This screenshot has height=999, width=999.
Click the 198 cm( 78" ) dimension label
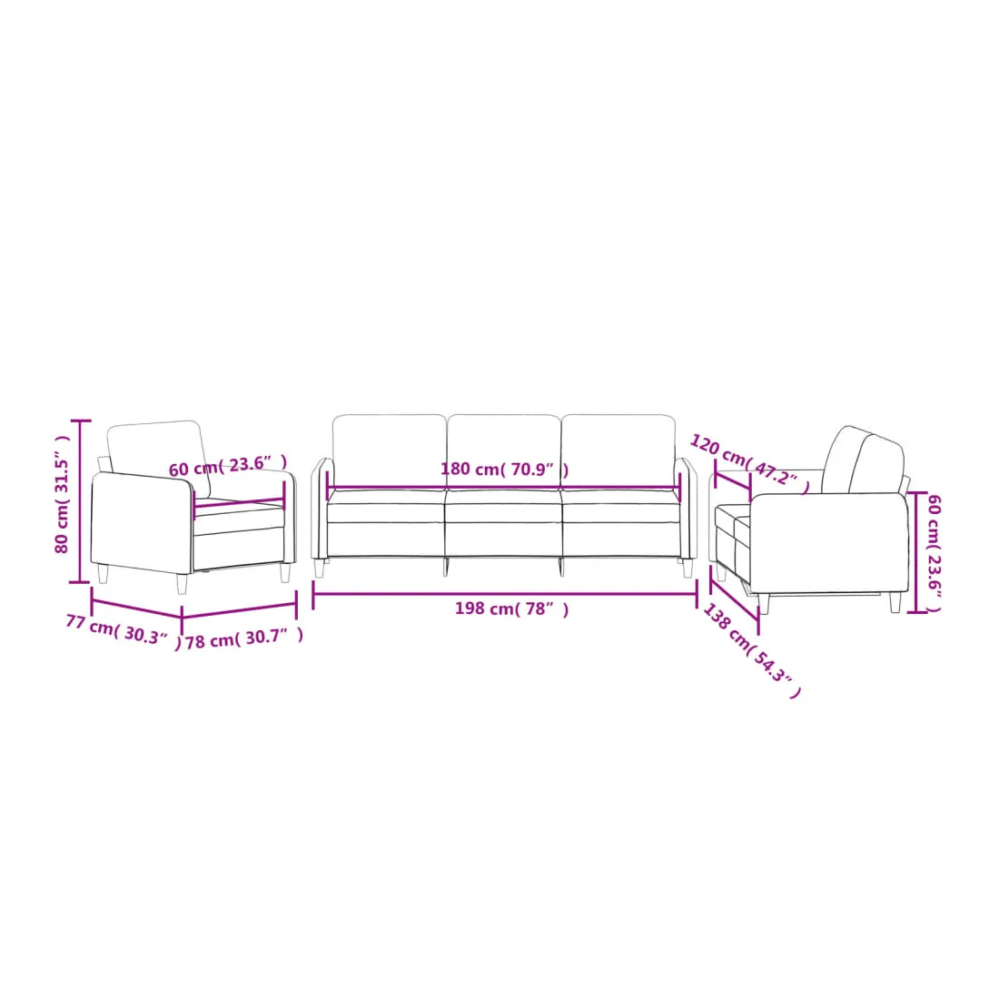point(511,609)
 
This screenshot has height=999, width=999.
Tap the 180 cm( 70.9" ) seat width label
point(505,470)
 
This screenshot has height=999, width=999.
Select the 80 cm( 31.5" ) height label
point(62,494)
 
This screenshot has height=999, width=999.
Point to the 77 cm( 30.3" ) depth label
point(123,631)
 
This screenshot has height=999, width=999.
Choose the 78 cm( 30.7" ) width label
point(244,638)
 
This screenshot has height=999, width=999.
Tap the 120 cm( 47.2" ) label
point(750,463)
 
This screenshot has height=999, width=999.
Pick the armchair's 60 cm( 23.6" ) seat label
point(227,466)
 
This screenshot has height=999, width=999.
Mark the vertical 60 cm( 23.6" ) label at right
point(934,552)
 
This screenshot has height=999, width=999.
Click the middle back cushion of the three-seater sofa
point(504,451)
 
